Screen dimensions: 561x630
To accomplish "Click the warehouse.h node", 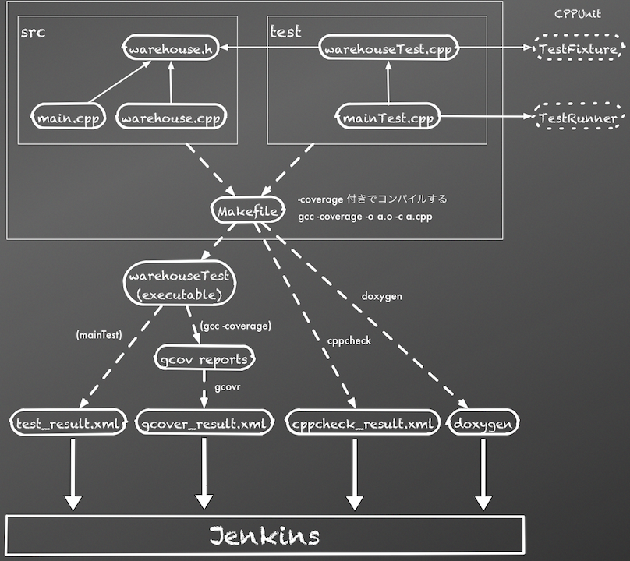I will [x=170, y=49].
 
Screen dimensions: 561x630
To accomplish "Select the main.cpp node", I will [x=68, y=118].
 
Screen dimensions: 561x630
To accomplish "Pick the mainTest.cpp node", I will [x=388, y=118].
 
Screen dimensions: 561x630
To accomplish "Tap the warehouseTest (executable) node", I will [x=180, y=284].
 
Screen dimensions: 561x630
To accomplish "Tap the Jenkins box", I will [x=264, y=536].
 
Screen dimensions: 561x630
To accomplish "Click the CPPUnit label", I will [x=577, y=14].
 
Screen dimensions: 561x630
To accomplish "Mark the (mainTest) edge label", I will [x=98, y=336].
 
